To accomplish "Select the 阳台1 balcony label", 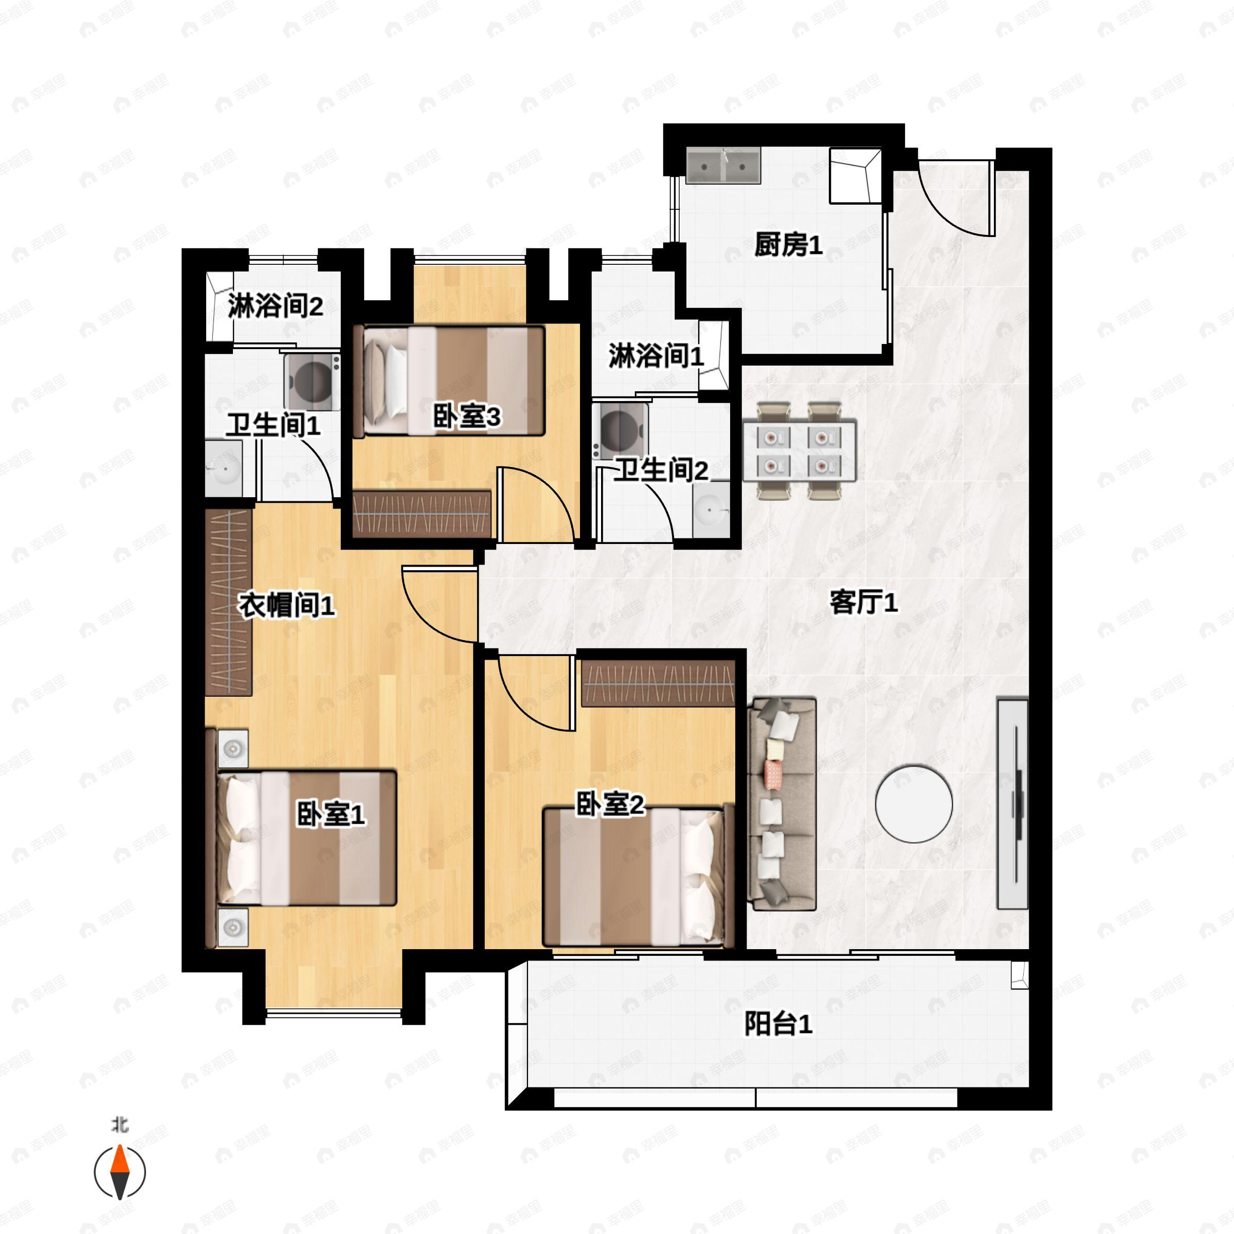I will [778, 1024].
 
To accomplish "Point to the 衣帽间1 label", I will [286, 604].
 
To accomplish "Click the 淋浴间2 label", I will [275, 306].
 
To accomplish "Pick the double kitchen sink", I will [723, 166].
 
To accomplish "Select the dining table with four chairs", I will [799, 450].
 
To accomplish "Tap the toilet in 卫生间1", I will [312, 382].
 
